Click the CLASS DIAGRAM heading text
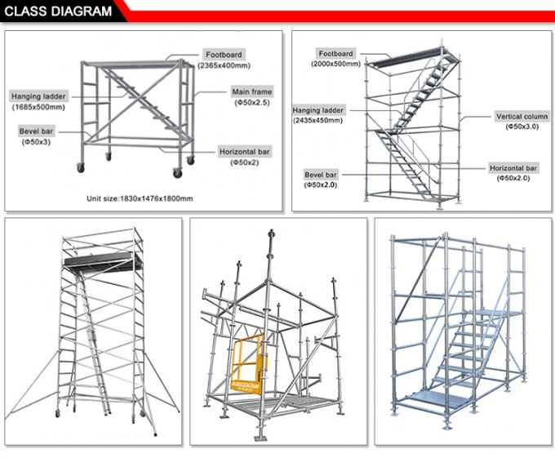(x=58, y=11)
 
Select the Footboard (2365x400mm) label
(x=224, y=60)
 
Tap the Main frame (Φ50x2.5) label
(x=251, y=97)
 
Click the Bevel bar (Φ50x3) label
(x=36, y=136)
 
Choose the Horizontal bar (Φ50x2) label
(x=245, y=157)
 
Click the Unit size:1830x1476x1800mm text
(x=140, y=198)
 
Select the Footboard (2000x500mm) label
(x=335, y=59)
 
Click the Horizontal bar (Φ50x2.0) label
(x=514, y=172)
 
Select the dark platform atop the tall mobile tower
(x=100, y=260)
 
